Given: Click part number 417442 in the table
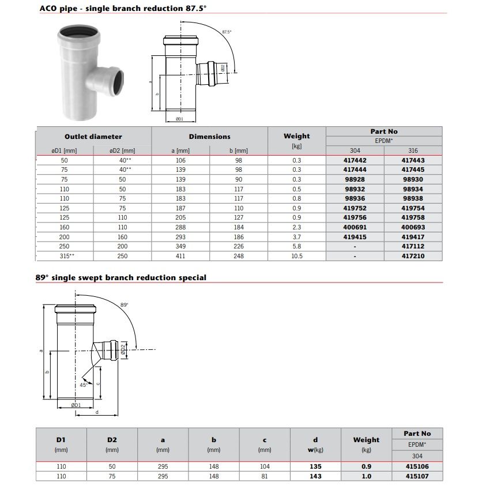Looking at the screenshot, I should click(x=355, y=160).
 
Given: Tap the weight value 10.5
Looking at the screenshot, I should click(x=296, y=256).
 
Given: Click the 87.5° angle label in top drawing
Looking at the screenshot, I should click(x=227, y=32).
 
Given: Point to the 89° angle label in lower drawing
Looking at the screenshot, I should click(x=124, y=304).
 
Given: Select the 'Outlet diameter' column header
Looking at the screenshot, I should click(x=93, y=137).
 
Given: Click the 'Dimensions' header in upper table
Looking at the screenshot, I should click(x=209, y=137).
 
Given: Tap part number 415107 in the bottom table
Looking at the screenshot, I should click(x=417, y=477).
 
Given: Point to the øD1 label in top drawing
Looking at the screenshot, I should click(x=179, y=119).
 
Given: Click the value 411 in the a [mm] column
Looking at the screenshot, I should click(x=180, y=256).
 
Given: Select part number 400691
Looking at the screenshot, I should click(x=355, y=227).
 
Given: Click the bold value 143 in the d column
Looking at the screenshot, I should click(x=315, y=477).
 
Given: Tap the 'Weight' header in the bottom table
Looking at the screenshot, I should click(x=366, y=440).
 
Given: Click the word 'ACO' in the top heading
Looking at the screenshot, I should click(x=47, y=9).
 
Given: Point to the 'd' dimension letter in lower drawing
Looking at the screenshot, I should click(x=96, y=412).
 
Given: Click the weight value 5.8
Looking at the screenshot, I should click(x=296, y=246).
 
